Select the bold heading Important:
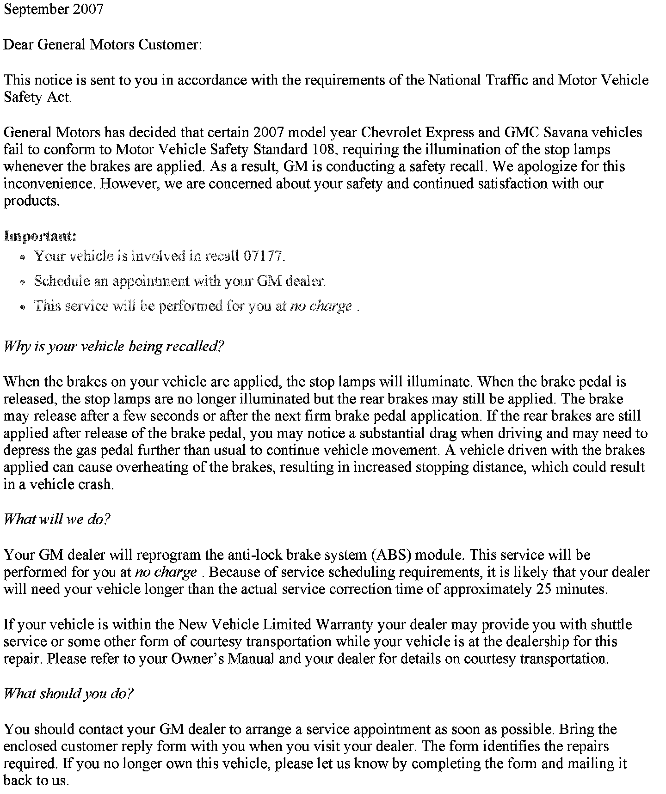point(40,236)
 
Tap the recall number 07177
point(262,256)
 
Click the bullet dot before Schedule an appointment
point(23,282)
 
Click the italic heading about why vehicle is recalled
point(114,346)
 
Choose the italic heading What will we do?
point(57,519)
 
